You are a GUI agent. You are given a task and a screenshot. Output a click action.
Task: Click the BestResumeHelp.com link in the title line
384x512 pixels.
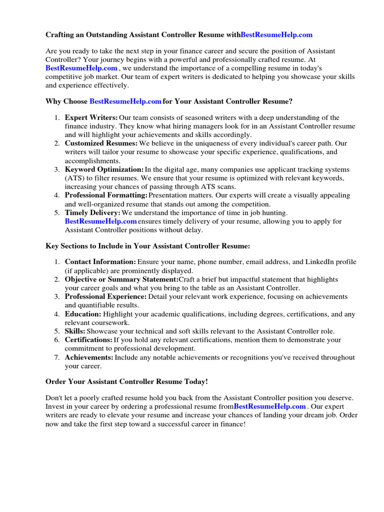276,34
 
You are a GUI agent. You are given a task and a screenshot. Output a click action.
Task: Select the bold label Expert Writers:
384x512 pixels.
91,117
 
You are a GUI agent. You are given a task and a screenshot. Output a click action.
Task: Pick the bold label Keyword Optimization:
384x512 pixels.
104,169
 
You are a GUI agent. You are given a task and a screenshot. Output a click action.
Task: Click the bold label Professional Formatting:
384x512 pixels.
106,195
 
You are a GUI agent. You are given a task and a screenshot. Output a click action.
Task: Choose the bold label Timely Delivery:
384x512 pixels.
92,212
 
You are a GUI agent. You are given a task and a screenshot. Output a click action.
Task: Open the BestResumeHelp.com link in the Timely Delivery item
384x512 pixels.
100,221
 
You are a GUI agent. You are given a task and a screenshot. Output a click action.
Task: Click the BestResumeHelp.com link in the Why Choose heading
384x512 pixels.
125,101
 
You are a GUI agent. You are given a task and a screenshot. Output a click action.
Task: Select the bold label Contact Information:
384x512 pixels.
100,261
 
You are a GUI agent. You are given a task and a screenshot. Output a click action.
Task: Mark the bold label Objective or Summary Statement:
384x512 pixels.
121,279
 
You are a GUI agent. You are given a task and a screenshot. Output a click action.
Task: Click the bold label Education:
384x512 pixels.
83,314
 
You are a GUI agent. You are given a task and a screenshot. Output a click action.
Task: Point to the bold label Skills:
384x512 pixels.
75,331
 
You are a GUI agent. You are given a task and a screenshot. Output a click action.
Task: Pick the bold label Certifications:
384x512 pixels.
88,339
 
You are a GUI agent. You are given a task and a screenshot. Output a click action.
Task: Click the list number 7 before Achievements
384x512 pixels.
57,357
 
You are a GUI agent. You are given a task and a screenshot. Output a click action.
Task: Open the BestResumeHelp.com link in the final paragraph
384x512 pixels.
269,406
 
